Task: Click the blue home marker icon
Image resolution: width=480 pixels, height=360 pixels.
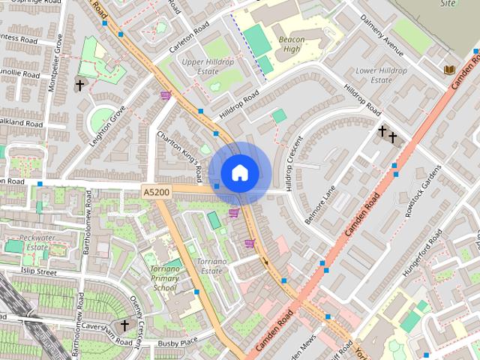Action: click(x=239, y=172)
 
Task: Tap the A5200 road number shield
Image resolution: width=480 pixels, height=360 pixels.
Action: click(x=156, y=193)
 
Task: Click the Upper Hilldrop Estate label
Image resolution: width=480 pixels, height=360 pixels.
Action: click(x=208, y=67)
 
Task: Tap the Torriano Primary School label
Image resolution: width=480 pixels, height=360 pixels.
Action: click(x=165, y=277)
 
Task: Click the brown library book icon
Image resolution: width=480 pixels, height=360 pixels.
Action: click(x=450, y=70)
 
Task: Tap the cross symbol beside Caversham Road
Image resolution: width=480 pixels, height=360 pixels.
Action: click(x=124, y=325)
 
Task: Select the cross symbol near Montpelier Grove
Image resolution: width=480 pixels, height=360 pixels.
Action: click(x=79, y=85)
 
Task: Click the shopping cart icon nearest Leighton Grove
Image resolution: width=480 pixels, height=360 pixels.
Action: click(x=165, y=95)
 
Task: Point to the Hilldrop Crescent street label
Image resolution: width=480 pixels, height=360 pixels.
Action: click(x=292, y=162)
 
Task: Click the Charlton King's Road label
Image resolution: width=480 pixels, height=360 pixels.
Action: click(x=180, y=156)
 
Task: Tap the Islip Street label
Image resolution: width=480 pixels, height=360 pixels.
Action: click(x=39, y=271)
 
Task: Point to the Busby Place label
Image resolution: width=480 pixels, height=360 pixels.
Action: click(x=177, y=343)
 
